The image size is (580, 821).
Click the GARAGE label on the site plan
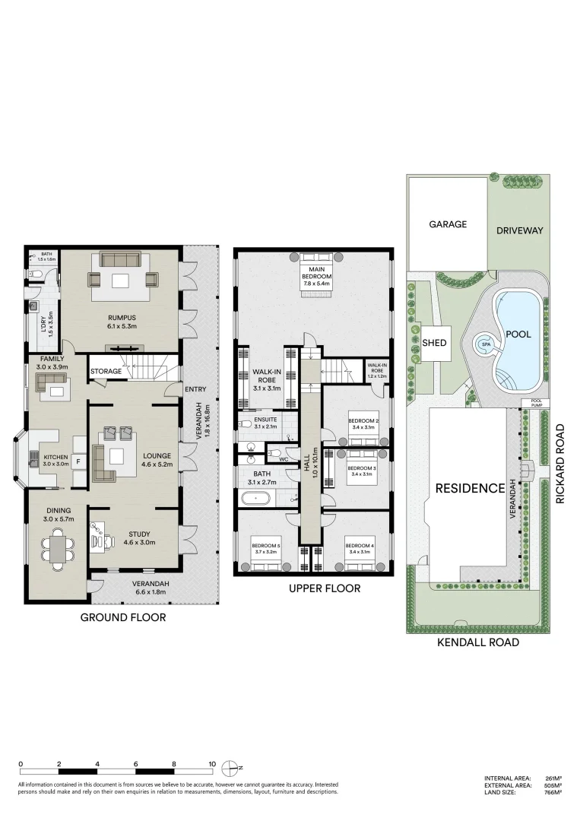tap(447, 224)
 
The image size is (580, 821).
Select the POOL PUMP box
tap(531, 402)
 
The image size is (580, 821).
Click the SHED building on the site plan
tap(434, 343)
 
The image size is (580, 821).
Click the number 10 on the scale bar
tap(212, 765)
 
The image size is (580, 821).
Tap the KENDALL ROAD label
tap(478, 642)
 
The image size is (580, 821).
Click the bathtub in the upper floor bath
tap(255, 499)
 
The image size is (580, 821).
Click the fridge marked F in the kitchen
tap(78, 461)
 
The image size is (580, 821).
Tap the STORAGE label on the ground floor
tap(106, 372)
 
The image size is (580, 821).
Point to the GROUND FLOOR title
tap(123, 617)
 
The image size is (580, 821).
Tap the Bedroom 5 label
tap(266, 546)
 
